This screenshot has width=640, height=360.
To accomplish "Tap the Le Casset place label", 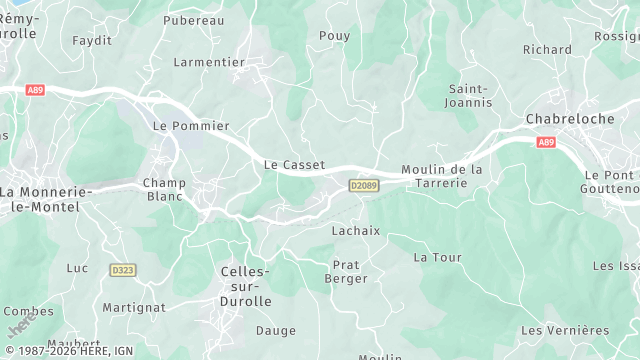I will pyautogui.click(x=294, y=164).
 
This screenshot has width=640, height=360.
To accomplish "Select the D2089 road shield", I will pyautogui.click(x=364, y=186).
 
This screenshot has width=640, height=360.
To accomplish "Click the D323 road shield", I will pyautogui.click(x=123, y=270).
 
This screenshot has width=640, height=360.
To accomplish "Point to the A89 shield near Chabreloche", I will pyautogui.click(x=545, y=143).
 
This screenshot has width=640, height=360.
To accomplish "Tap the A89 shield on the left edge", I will pyautogui.click(x=35, y=90).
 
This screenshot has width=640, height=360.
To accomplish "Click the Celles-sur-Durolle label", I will pyautogui.click(x=245, y=286).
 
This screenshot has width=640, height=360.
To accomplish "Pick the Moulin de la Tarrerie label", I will pyautogui.click(x=442, y=176).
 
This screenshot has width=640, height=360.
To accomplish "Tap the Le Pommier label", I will pyautogui.click(x=191, y=126).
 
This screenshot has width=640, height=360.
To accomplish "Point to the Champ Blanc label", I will pyautogui.click(x=164, y=189).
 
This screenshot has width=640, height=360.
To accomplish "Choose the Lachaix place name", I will pyautogui.click(x=356, y=230).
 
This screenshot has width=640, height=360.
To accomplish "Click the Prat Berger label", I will pyautogui.click(x=346, y=272).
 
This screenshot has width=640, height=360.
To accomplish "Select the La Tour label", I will pyautogui.click(x=438, y=257).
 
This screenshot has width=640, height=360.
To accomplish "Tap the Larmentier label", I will pyautogui.click(x=209, y=62).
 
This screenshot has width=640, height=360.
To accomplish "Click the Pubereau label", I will pyautogui.click(x=193, y=20).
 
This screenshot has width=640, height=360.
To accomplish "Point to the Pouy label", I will pyautogui.click(x=334, y=36).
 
